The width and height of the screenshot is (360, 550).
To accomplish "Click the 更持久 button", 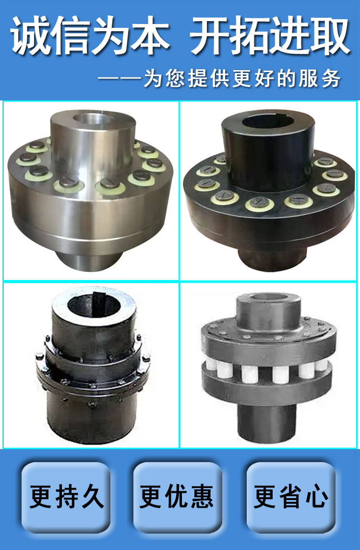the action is (66, 497).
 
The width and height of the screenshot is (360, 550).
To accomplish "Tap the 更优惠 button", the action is (178, 497).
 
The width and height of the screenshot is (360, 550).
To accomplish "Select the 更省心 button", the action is (291, 497).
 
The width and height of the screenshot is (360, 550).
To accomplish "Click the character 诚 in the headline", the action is (31, 36).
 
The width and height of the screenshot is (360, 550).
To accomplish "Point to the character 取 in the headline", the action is (330, 36).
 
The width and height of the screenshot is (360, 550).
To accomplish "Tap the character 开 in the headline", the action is (210, 36).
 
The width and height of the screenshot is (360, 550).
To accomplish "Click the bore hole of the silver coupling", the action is (93, 119).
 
